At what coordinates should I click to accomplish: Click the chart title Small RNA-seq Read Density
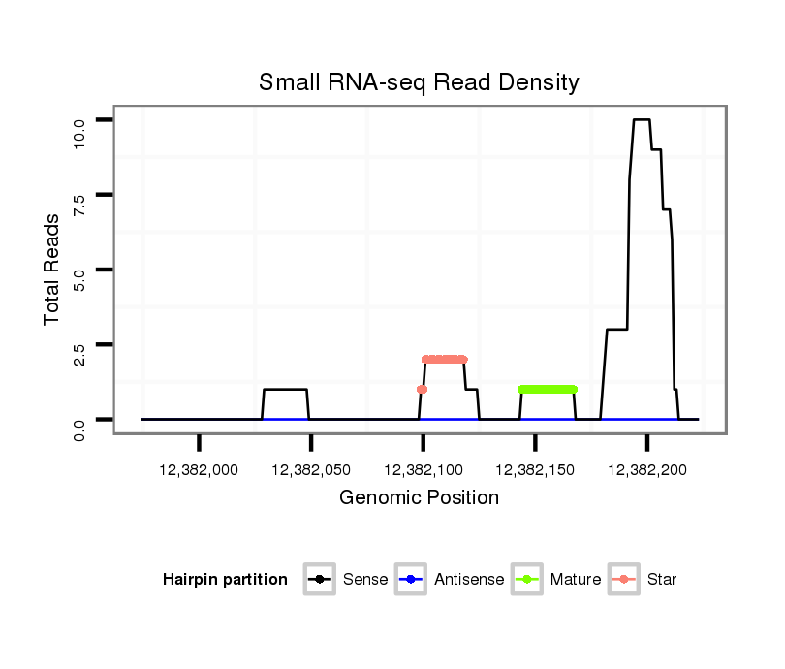(419, 83)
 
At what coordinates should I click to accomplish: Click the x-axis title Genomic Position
(419, 498)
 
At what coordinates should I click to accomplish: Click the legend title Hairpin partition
(225, 580)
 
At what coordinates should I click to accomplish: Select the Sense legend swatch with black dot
(320, 580)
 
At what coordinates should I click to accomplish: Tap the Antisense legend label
(468, 580)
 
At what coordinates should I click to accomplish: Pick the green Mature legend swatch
(526, 580)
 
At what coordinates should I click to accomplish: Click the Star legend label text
(662, 580)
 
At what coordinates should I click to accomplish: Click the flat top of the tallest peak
(641, 119)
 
